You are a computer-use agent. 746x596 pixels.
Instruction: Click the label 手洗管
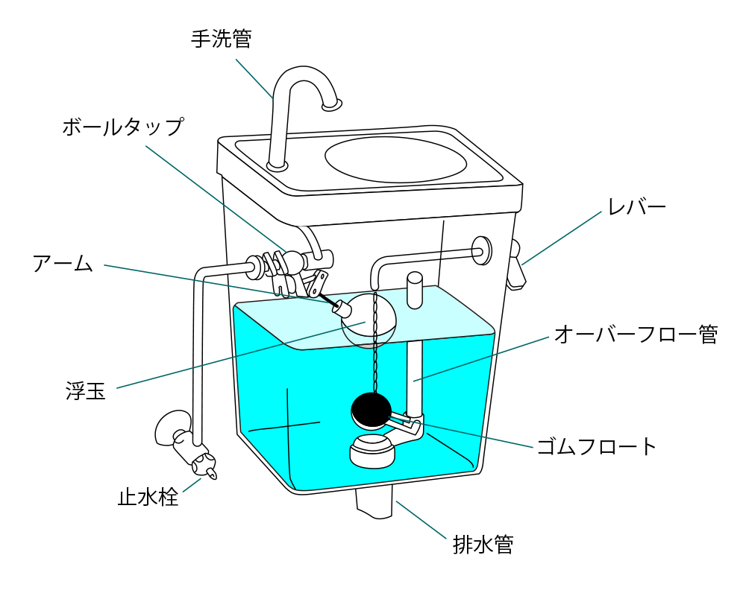click(x=222, y=39)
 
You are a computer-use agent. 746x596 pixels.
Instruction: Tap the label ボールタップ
click(x=122, y=127)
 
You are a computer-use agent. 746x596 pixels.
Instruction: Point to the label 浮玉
click(x=85, y=390)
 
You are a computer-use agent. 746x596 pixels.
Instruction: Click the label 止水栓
click(x=148, y=497)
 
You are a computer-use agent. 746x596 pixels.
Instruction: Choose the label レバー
click(x=636, y=206)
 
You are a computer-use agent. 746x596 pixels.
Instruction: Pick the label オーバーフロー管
click(x=636, y=335)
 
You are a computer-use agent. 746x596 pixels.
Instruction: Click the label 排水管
click(x=483, y=545)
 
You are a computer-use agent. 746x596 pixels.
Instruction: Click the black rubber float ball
click(x=371, y=408)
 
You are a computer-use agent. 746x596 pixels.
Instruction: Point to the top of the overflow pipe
click(x=414, y=279)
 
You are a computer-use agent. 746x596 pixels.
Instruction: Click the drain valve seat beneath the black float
click(x=371, y=451)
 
